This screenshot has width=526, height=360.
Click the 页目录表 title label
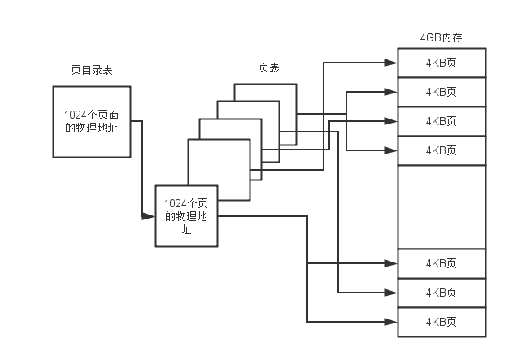[x=91, y=71]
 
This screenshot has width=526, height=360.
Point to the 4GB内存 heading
[x=441, y=38]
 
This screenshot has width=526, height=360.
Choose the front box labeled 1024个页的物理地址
[x=187, y=216]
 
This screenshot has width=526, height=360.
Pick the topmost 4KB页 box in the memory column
[x=441, y=63]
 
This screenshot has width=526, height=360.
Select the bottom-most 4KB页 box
[x=441, y=323]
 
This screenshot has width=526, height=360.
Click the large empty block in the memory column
[x=441, y=206]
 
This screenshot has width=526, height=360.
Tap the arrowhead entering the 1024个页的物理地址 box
[x=149, y=216]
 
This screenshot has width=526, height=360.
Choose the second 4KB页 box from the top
[x=441, y=92]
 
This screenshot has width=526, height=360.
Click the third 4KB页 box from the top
[x=441, y=121]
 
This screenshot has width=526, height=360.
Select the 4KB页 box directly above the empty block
[x=441, y=150]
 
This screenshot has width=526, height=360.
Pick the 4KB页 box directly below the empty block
[x=441, y=263]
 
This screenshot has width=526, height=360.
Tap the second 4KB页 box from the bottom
[x=441, y=293]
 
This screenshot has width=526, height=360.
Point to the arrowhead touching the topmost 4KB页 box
[x=392, y=62]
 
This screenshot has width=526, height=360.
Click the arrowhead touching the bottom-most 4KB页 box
[x=392, y=322]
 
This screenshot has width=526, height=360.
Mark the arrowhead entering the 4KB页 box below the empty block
[x=392, y=263]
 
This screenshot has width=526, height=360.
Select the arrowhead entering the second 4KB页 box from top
[x=392, y=91]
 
